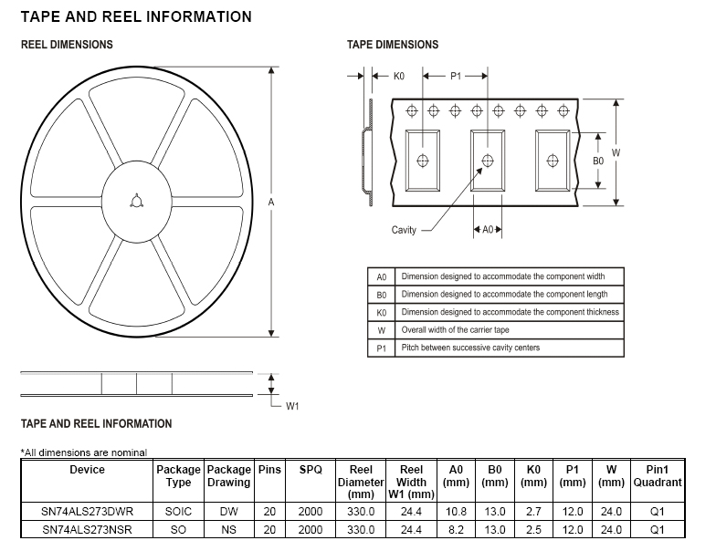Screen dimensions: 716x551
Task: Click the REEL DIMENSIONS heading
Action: (x=67, y=45)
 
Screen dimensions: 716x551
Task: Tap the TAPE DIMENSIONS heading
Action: (x=393, y=45)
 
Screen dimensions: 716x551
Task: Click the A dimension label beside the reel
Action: (x=271, y=203)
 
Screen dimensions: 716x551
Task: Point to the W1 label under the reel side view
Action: (x=292, y=406)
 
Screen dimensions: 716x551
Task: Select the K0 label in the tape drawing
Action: (x=399, y=77)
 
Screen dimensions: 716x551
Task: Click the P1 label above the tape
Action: (x=456, y=77)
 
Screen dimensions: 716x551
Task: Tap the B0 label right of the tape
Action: (x=598, y=161)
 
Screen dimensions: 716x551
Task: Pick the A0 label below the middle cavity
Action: (x=488, y=230)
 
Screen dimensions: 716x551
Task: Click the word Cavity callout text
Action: (x=404, y=230)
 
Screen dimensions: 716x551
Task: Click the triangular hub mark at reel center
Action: (x=135, y=201)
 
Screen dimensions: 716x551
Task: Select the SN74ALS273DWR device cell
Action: (x=88, y=512)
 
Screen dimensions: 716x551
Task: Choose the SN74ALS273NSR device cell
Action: (x=88, y=530)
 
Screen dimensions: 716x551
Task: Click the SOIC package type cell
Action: (x=178, y=512)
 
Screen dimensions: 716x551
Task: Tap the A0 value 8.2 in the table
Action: (x=456, y=530)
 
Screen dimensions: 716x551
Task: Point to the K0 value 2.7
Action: (x=533, y=512)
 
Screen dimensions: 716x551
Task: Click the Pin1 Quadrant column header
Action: (x=658, y=476)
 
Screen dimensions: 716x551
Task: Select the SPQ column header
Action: (x=311, y=470)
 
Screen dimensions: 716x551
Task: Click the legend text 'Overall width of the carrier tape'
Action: (x=455, y=330)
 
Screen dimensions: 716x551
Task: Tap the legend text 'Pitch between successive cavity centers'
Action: (x=470, y=348)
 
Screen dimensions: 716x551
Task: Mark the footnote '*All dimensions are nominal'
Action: (x=84, y=452)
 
